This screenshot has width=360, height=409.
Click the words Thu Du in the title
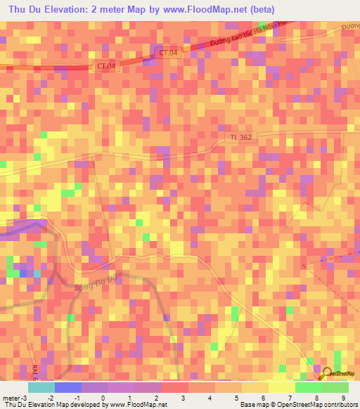[x=27, y=10]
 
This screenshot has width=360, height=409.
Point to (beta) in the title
[x=259, y=10]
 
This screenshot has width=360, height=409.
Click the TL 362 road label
[x=240, y=138]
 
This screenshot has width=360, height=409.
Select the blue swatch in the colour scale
[x=67, y=387]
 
